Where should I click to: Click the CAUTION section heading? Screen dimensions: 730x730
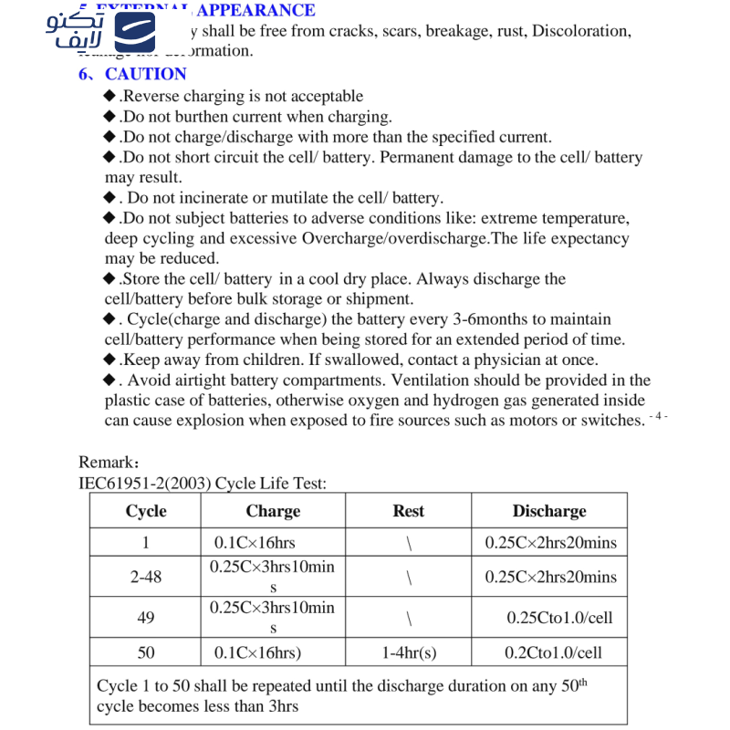[x=145, y=74]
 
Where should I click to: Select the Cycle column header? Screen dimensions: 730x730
[x=146, y=511]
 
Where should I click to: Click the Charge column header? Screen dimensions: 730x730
[x=273, y=511]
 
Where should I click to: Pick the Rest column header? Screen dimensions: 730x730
[x=408, y=511]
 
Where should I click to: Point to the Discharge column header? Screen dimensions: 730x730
[x=549, y=511]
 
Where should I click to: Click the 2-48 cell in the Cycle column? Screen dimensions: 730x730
[x=146, y=577]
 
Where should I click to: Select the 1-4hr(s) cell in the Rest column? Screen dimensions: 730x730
[x=408, y=652]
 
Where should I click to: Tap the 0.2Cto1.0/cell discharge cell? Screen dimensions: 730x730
[x=553, y=652]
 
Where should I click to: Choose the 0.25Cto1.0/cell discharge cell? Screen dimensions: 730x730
[x=559, y=618]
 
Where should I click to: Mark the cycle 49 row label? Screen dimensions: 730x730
[x=146, y=618]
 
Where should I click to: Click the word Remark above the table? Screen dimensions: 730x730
[x=105, y=463]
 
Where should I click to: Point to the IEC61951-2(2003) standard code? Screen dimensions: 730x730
[x=145, y=484]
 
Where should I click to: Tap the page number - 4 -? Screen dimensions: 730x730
[x=660, y=416]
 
